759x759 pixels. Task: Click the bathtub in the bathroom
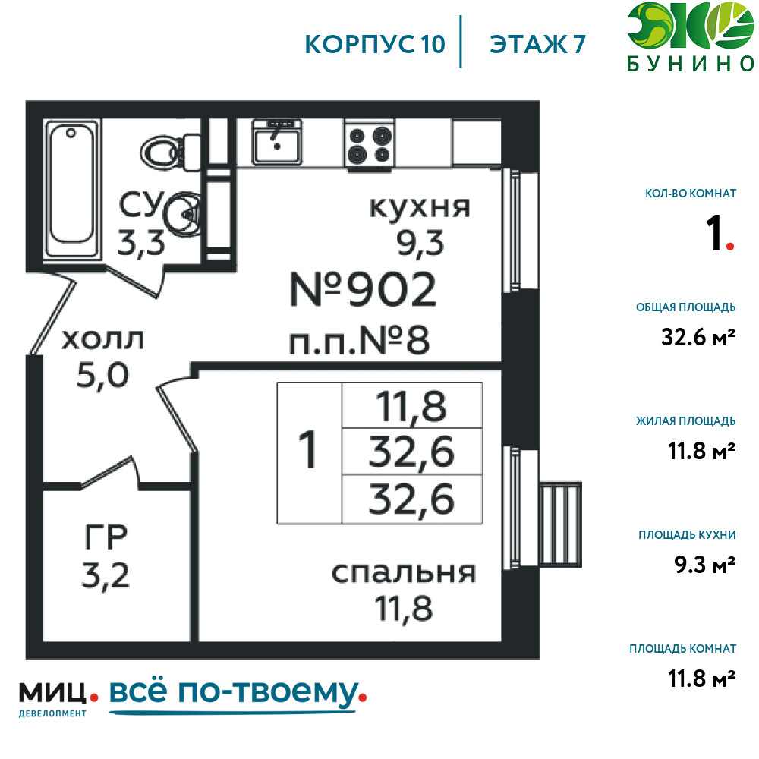click(71, 188)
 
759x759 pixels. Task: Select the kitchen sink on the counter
click(276, 142)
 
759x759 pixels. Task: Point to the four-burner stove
click(370, 144)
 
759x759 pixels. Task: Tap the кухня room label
click(420, 208)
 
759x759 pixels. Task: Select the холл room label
click(102, 339)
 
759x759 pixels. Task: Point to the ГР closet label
click(106, 537)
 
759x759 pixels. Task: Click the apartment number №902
click(363, 289)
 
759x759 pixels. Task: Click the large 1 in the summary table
click(308, 450)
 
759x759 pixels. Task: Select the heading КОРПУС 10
click(375, 45)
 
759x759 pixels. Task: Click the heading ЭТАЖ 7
click(537, 45)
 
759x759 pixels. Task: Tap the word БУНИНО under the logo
click(691, 64)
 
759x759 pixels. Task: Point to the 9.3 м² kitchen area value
click(705, 565)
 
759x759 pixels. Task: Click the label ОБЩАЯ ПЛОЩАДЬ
click(685, 307)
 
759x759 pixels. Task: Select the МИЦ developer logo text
click(52, 693)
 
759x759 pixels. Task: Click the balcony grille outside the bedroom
click(561, 524)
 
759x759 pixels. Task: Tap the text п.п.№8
click(359, 340)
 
